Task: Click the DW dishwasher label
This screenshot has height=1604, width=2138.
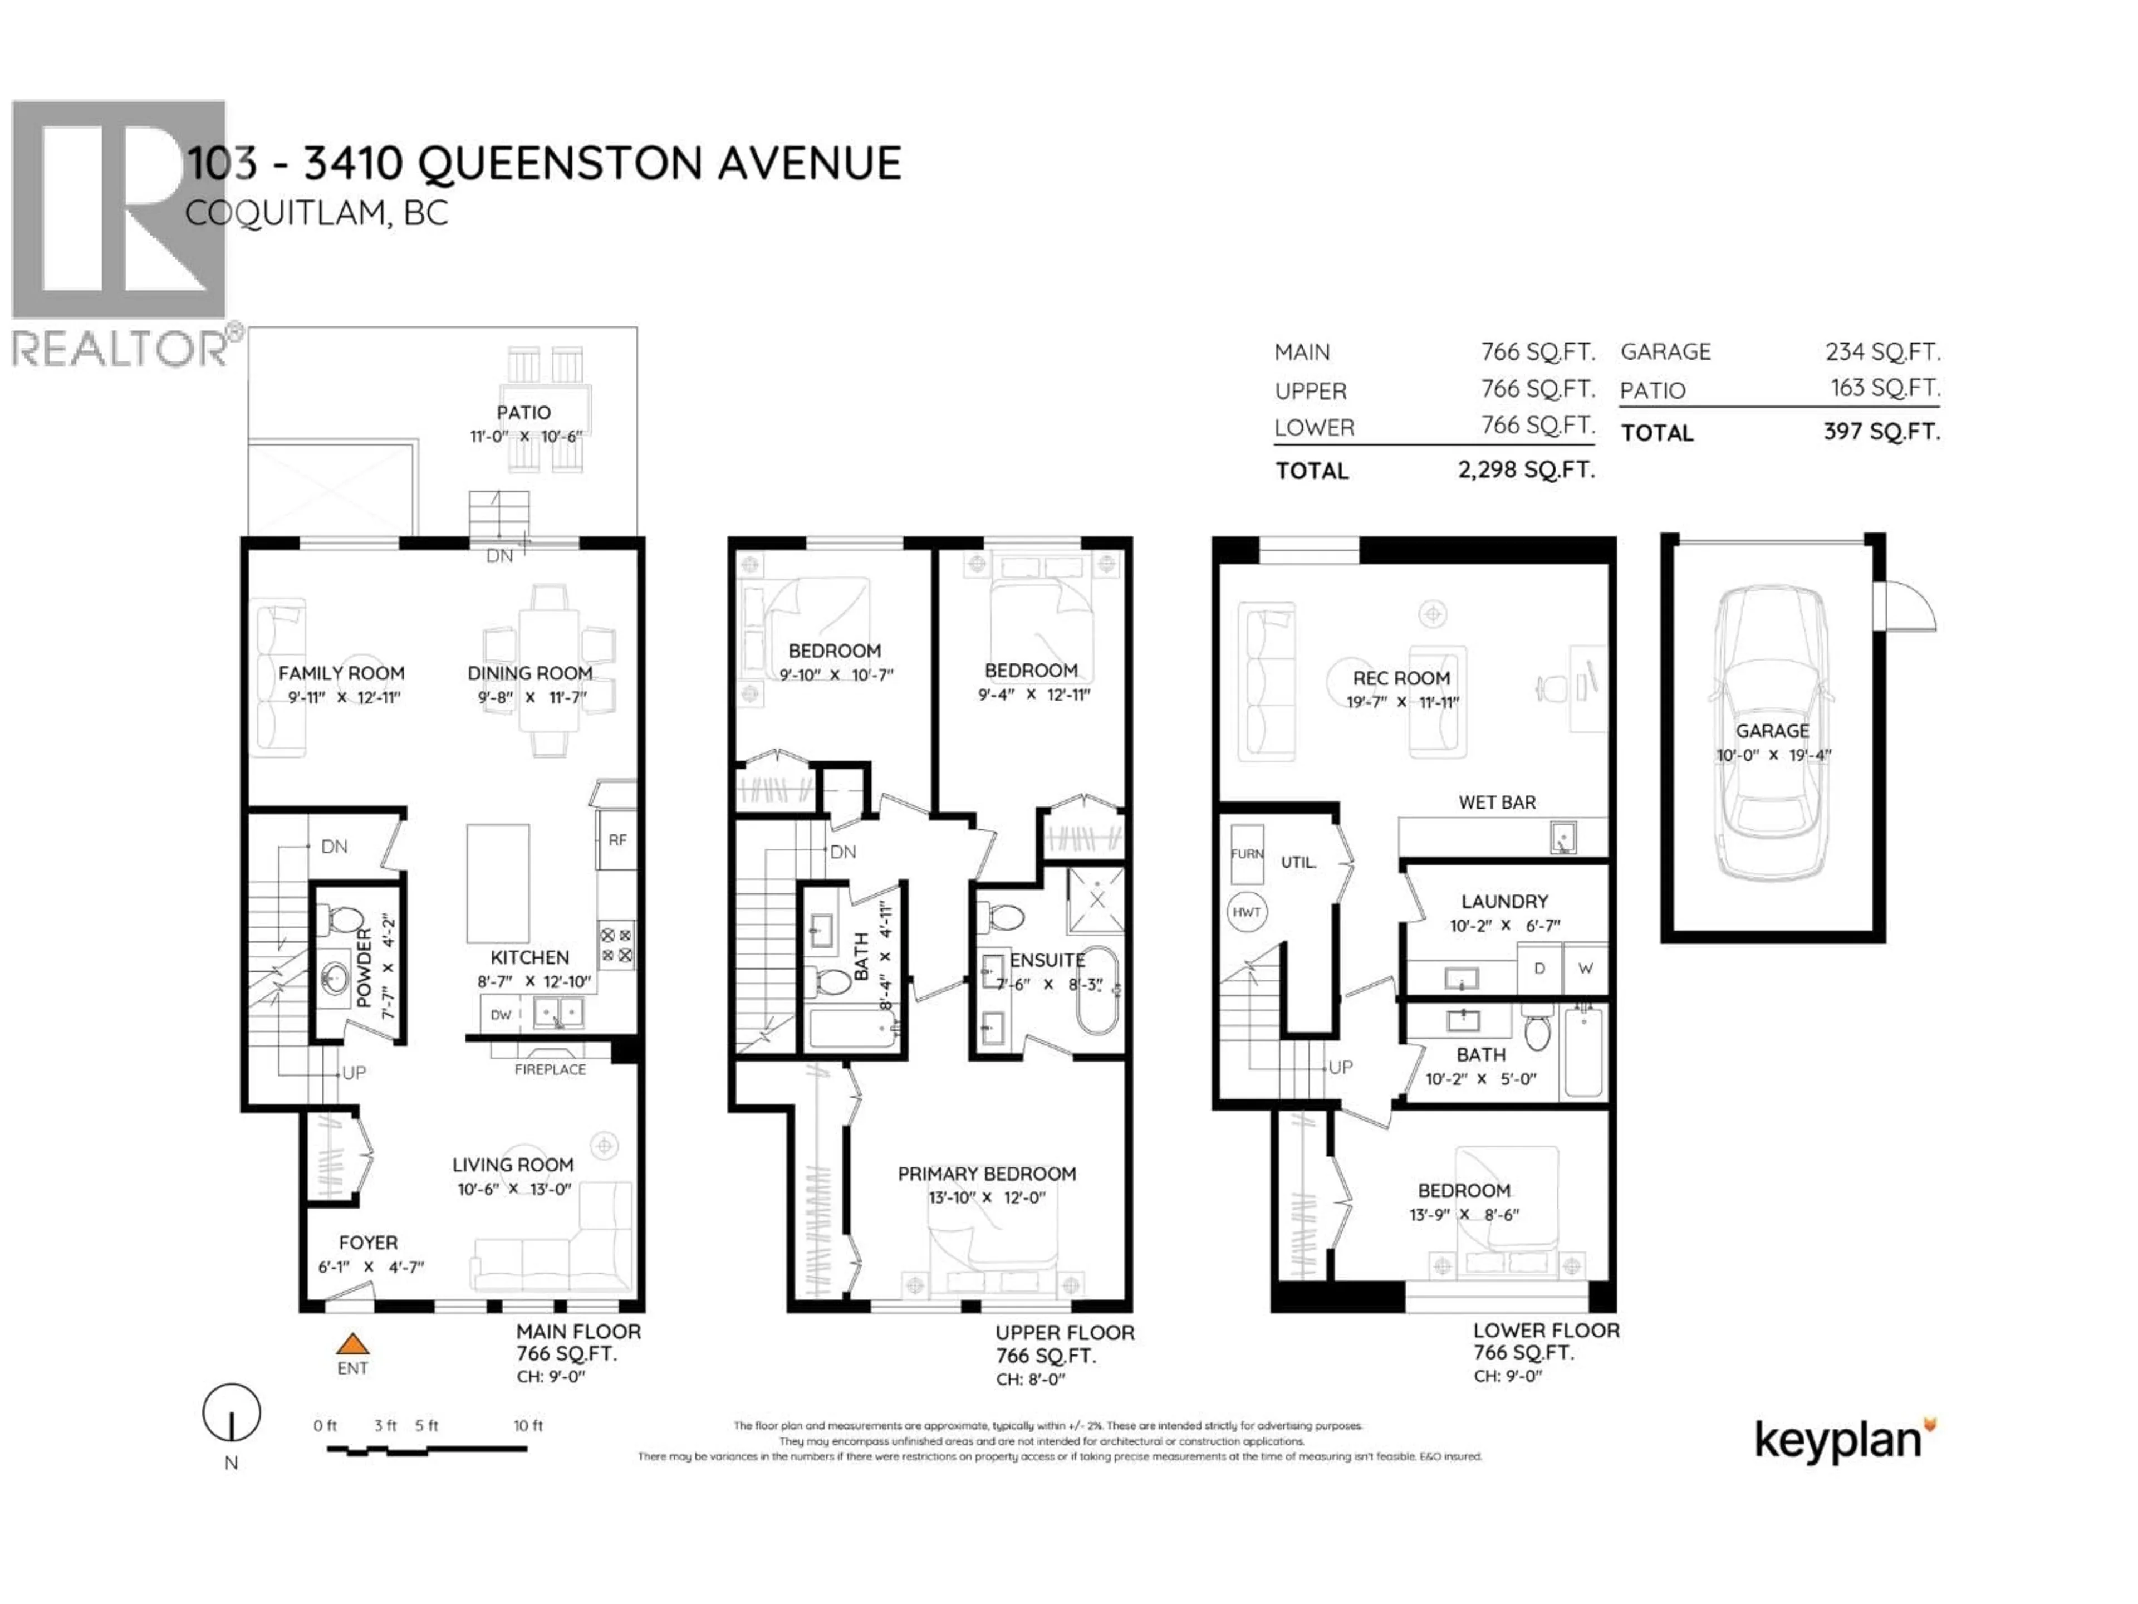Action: pos(501,1014)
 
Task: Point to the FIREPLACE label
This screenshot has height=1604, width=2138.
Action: pos(550,1069)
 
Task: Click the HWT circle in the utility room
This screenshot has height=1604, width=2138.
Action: pos(1246,912)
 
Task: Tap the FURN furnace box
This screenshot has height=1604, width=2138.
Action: pos(1247,854)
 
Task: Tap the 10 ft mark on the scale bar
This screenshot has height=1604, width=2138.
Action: pos(528,1425)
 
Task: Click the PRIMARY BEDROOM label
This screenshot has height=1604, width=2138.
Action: pos(986,1173)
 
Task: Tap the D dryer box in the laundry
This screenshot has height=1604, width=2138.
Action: pos(1539,968)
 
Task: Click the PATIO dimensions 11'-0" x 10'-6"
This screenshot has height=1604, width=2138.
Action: pos(526,436)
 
